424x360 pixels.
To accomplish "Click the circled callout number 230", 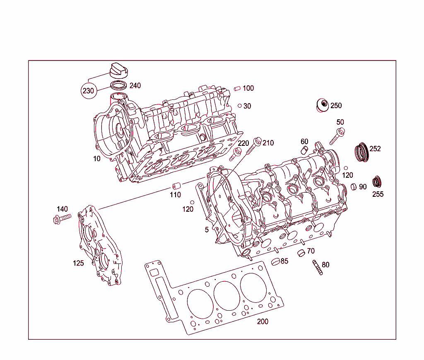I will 88,91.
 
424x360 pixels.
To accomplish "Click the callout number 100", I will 248,88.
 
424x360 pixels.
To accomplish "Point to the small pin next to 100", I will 237,88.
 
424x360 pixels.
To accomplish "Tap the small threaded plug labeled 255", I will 377,181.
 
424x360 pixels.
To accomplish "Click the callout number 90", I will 363,187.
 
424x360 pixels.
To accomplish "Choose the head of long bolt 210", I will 258,141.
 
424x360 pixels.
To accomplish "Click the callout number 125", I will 78,263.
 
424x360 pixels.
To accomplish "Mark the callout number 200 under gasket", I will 263,321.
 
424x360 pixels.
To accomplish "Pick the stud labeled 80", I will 317,268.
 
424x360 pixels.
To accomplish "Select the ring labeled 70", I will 302,253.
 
